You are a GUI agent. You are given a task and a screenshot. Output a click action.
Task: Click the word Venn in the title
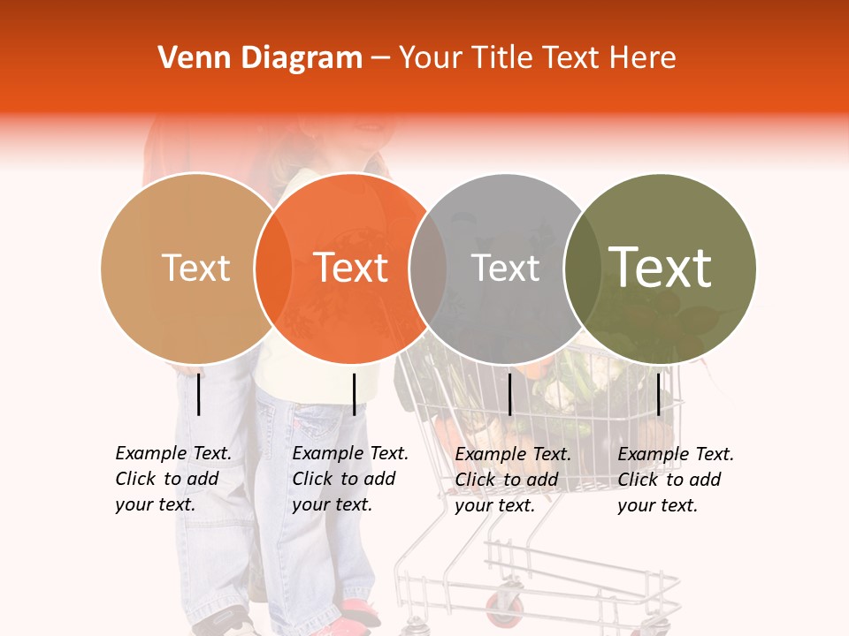[188, 58]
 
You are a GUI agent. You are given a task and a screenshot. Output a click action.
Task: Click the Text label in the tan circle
[195, 268]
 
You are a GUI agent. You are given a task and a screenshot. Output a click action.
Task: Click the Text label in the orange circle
[351, 268]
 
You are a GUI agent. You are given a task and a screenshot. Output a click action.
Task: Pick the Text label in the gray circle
[506, 268]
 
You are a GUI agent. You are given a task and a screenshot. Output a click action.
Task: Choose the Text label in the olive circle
[661, 268]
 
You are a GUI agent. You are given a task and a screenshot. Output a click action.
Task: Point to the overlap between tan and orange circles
[273, 268]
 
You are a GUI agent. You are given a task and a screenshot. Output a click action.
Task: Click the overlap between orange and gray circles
[428, 268]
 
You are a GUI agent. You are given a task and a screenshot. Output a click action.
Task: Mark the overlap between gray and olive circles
[583, 268]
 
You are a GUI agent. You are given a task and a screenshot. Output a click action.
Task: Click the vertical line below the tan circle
[199, 394]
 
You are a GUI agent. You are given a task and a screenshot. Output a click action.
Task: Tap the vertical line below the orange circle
[354, 394]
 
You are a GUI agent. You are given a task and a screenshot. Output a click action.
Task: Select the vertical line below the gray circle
[509, 394]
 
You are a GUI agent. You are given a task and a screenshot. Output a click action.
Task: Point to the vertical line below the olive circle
[658, 394]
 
